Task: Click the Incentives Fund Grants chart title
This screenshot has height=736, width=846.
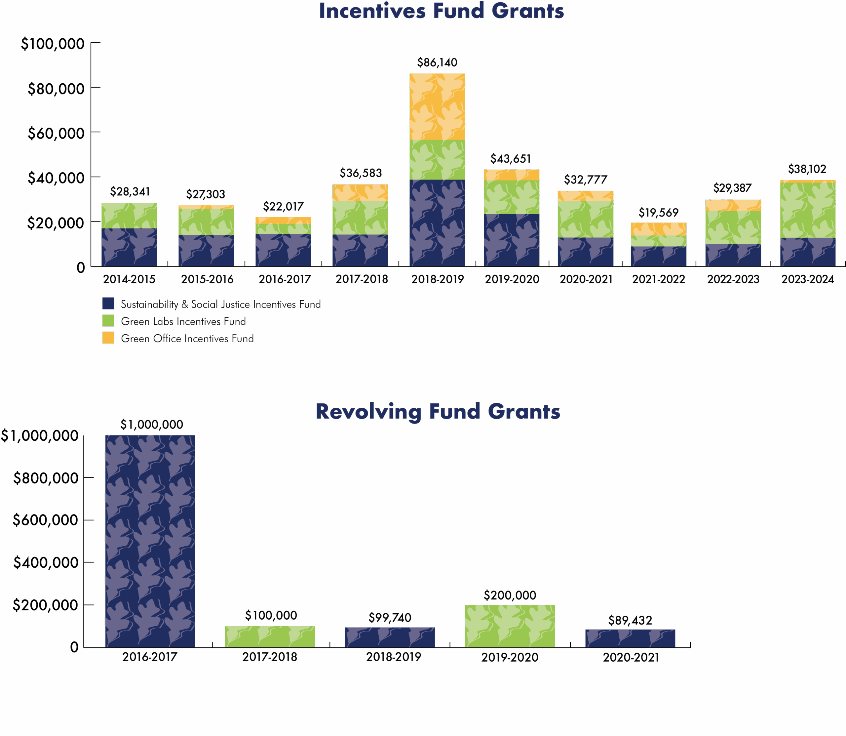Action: coord(441,11)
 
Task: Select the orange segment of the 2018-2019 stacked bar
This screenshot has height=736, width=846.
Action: coord(437,107)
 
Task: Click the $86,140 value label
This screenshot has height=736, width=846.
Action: coord(437,63)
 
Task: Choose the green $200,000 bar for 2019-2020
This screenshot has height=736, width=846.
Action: coord(510,626)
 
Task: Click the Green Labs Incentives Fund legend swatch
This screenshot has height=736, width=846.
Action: coord(108,321)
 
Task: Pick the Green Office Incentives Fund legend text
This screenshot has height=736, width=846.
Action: coord(187,339)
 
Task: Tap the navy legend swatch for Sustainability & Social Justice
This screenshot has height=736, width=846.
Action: coord(108,304)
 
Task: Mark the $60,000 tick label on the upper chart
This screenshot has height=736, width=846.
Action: coord(56,134)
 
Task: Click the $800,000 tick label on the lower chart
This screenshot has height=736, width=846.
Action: coord(46,478)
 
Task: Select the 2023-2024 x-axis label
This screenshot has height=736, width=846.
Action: coord(807,280)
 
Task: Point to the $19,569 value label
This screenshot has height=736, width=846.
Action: coord(658,213)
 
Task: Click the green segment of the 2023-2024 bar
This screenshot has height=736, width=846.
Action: coord(808,210)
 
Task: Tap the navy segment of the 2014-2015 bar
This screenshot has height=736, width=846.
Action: coord(129,247)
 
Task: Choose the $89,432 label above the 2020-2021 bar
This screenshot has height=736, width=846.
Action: coord(630,620)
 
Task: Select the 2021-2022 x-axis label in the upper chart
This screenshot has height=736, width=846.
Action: coord(658,280)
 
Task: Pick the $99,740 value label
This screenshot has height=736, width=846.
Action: coord(390,618)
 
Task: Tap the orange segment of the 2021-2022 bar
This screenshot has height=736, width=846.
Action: coord(658,229)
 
